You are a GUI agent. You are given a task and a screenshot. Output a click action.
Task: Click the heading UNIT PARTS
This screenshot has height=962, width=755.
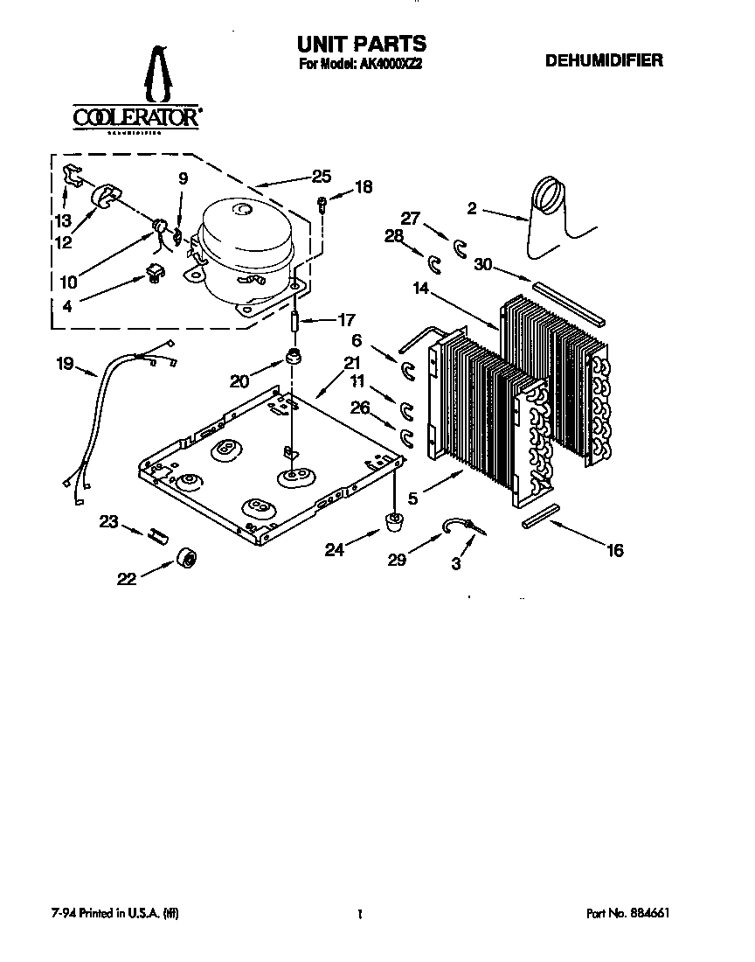point(362,43)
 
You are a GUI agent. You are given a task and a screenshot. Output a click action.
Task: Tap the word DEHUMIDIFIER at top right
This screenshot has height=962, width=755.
point(604,61)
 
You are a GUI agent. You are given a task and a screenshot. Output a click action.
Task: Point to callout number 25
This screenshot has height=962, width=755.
point(321,176)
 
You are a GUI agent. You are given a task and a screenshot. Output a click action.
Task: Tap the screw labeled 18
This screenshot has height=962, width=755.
point(322,204)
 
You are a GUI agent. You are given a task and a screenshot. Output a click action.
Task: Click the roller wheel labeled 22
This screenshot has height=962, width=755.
point(186,559)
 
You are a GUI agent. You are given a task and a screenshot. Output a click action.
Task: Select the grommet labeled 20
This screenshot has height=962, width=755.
point(294,359)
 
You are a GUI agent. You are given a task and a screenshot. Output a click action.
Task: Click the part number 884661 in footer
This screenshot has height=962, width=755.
point(648,912)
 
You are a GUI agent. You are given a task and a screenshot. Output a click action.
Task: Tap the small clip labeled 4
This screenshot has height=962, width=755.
point(156,275)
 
